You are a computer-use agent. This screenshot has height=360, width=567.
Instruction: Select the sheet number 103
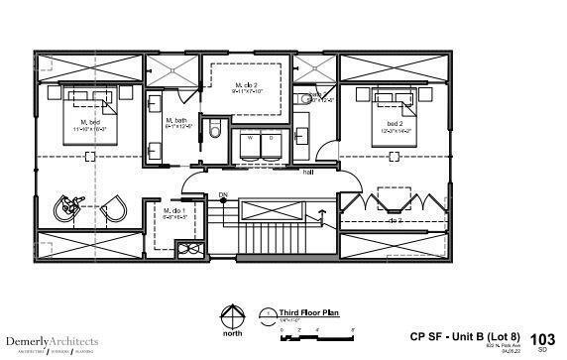pyautogui.click(x=543, y=338)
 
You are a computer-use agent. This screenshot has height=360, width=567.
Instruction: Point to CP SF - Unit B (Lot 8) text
pyautogui.click(x=463, y=335)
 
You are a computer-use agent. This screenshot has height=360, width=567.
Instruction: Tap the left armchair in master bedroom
pyautogui.click(x=68, y=206)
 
